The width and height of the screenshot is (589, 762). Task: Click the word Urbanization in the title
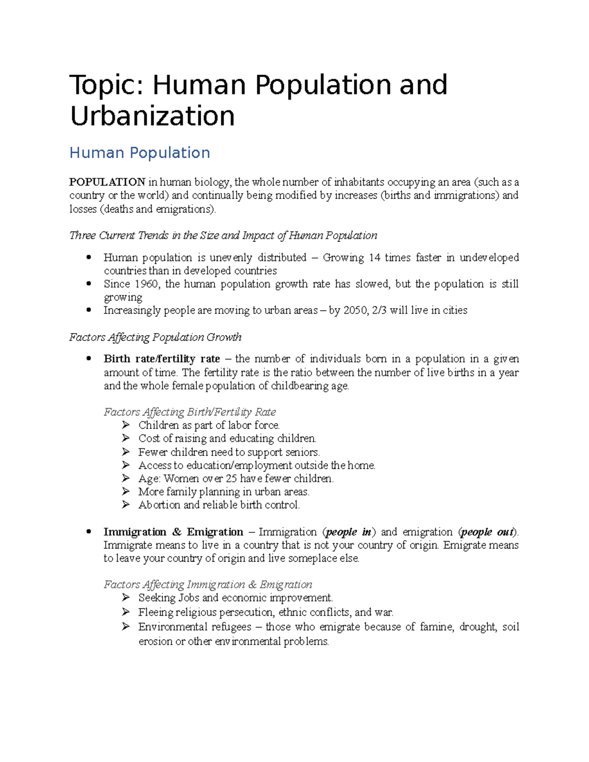pyautogui.click(x=152, y=116)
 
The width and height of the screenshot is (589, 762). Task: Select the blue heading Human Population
pyautogui.click(x=139, y=153)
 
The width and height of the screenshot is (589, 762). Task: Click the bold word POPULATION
pyautogui.click(x=107, y=182)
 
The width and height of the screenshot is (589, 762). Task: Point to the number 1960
pyautogui.click(x=146, y=284)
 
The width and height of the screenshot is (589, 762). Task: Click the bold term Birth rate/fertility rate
pyautogui.click(x=161, y=359)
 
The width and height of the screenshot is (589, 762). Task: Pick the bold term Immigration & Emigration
pyautogui.click(x=173, y=532)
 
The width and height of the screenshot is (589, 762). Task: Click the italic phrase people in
pyautogui.click(x=348, y=532)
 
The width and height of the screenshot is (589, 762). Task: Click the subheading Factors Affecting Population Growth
pyautogui.click(x=155, y=338)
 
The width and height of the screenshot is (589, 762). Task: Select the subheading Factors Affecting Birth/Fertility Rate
pyautogui.click(x=189, y=412)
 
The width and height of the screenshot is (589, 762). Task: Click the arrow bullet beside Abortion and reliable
pyautogui.click(x=126, y=504)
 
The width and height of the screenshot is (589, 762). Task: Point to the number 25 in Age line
pyautogui.click(x=231, y=478)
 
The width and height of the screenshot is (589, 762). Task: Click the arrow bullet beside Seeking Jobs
pyautogui.click(x=126, y=597)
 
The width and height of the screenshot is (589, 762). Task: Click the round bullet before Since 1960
pyautogui.click(x=89, y=284)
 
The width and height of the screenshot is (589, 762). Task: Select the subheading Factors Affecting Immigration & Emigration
pyautogui.click(x=208, y=585)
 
